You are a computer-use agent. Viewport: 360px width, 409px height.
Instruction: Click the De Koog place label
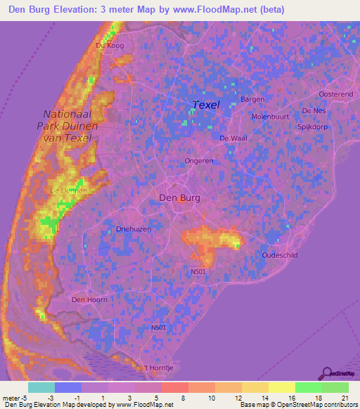point(109,46)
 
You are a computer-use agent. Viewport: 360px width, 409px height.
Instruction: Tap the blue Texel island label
point(206,105)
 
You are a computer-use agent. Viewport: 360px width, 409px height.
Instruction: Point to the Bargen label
point(252,99)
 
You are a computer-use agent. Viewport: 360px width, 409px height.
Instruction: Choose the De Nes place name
point(314,111)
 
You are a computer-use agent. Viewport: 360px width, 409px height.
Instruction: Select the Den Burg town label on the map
point(180,198)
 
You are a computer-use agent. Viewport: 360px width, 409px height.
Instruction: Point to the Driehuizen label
point(134,229)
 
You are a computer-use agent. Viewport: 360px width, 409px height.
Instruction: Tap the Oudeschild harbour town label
point(282,255)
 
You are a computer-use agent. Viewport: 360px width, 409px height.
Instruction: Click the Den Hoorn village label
point(89,300)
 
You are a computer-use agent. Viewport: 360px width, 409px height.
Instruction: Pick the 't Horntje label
point(157,368)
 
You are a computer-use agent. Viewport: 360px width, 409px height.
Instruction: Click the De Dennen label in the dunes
point(68,190)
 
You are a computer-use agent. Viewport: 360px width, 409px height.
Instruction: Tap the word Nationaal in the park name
point(68,114)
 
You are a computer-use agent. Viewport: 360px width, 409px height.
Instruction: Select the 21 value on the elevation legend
point(345,399)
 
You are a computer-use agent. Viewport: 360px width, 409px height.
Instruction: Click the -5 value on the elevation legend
point(27,399)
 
